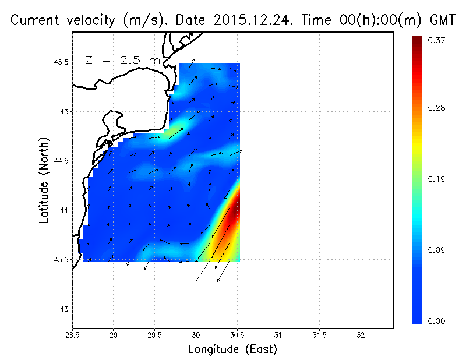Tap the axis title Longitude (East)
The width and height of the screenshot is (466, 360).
232,350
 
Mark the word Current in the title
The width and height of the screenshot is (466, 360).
36,20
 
